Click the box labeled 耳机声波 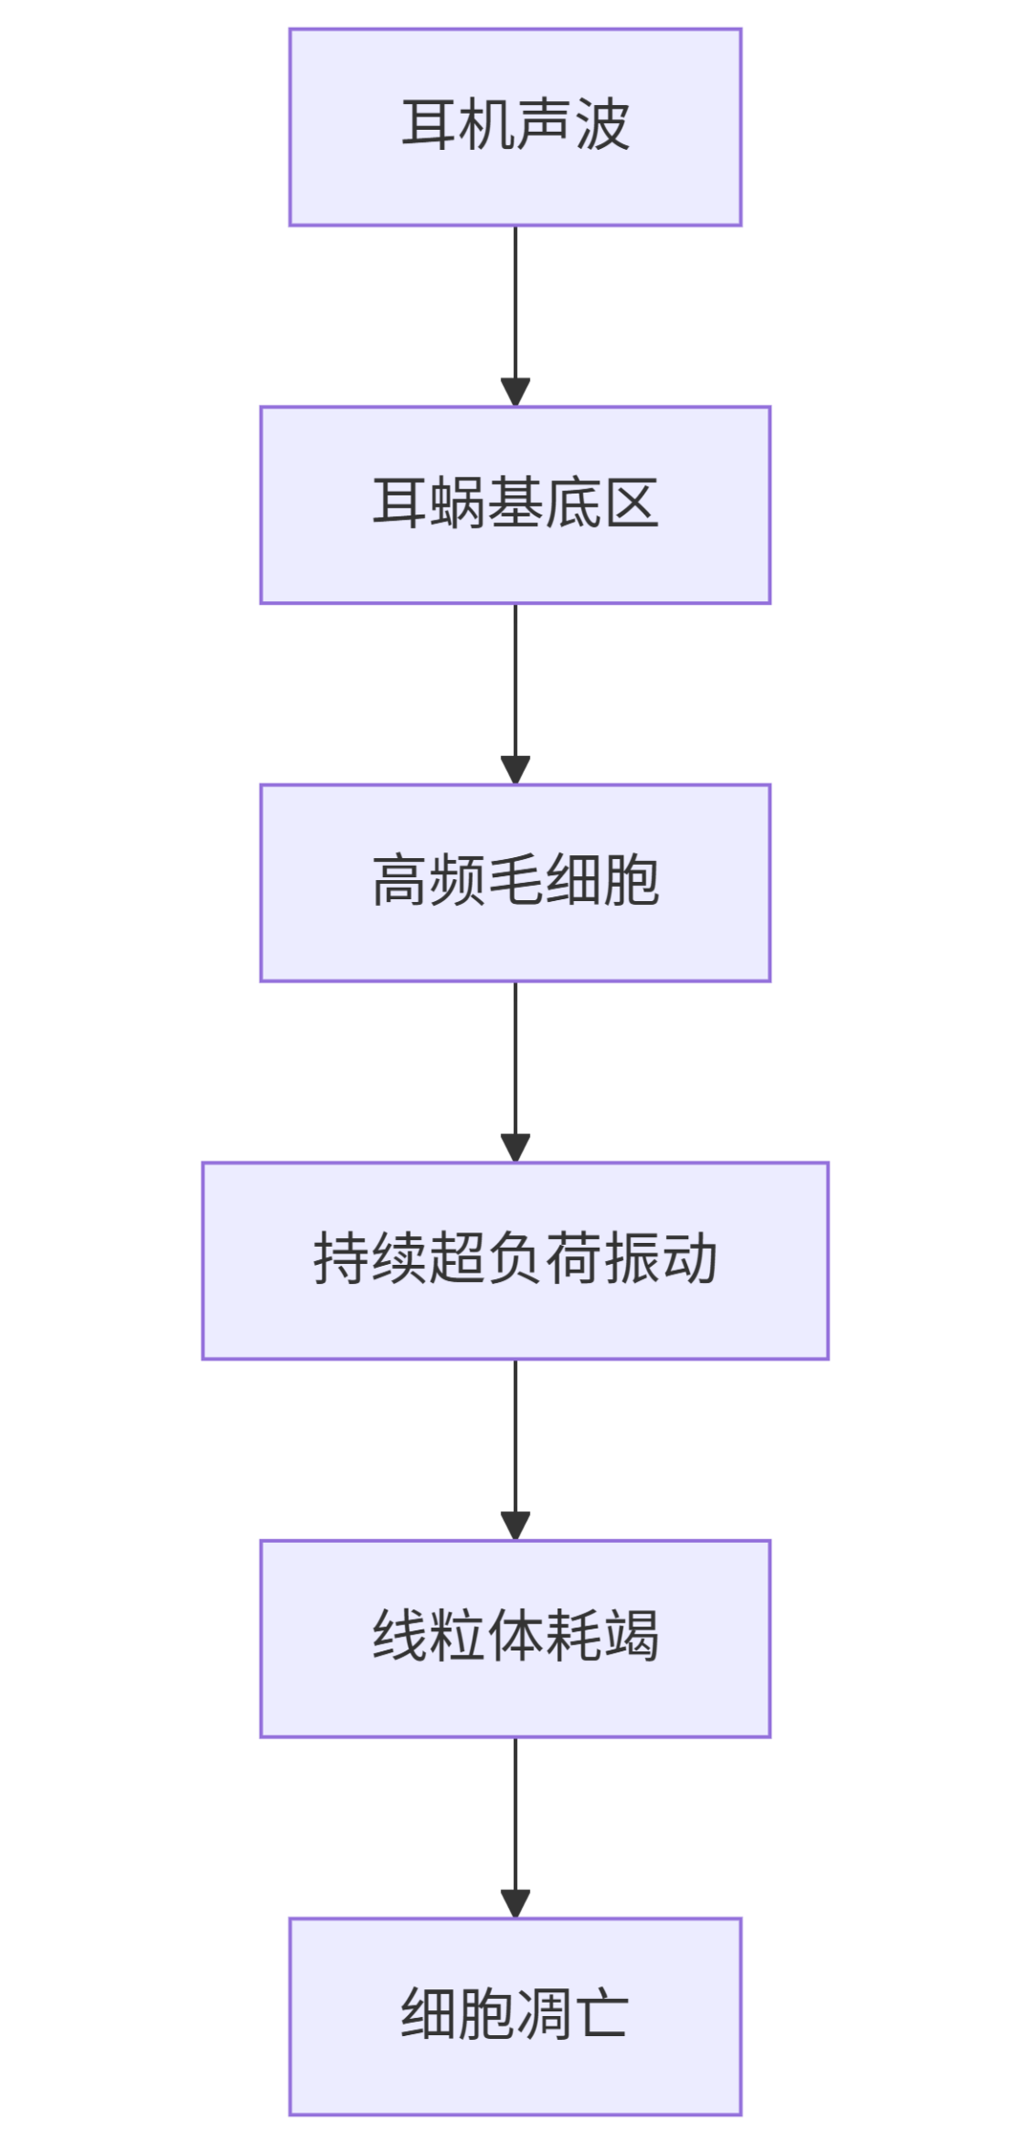(515, 127)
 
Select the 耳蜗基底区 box (515, 505)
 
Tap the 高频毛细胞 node (515, 883)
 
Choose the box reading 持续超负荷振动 (515, 1260)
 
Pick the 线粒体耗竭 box (515, 1638)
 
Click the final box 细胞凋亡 (515, 2016)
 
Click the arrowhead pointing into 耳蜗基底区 (515, 392)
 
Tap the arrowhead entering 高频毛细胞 (515, 770)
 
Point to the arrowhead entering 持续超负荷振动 (515, 1148)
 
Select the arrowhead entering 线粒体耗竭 (515, 1526)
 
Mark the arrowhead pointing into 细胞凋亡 (515, 1904)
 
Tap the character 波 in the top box (602, 125)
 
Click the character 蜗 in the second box (457, 503)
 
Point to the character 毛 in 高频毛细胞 (515, 881)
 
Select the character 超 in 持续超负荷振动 (457, 1259)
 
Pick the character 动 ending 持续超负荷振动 (690, 1259)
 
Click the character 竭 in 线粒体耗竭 (631, 1637)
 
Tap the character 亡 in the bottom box (602, 2015)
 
